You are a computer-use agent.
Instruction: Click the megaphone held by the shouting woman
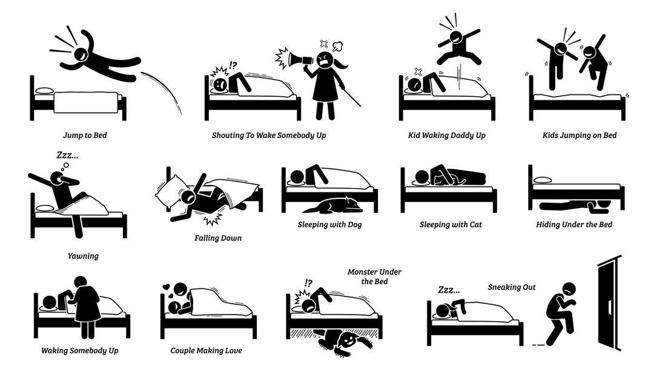tap(301, 59)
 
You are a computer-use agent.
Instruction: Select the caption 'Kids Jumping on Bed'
tap(579, 135)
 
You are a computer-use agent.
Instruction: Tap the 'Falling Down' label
tap(218, 238)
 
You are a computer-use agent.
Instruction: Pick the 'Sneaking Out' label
tap(512, 287)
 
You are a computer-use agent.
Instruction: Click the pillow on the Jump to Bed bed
tap(45, 91)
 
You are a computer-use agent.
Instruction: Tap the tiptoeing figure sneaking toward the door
tap(560, 315)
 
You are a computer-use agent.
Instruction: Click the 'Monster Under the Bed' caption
tap(374, 276)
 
